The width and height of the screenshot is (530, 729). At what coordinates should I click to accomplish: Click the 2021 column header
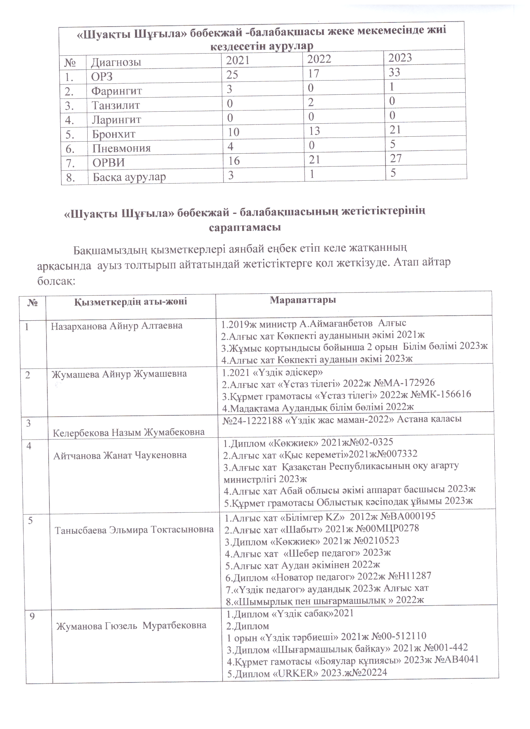pos(238,61)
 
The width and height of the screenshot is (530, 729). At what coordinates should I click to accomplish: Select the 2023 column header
pos(400,57)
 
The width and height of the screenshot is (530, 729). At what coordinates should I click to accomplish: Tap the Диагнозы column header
pos(116,62)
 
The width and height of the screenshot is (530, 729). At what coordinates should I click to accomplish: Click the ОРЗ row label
pos(102,76)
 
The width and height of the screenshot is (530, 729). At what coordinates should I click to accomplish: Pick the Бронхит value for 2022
pos(314,131)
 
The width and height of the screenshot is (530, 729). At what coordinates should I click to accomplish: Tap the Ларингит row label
pos(116,120)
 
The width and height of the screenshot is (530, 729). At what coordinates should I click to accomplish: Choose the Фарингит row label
pos(117,91)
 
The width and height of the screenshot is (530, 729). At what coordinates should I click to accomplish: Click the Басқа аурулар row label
pos(129,177)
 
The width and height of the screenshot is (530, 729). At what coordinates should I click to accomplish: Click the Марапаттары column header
pos(303,300)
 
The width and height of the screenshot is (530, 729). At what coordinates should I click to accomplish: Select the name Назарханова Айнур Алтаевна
pos(117,326)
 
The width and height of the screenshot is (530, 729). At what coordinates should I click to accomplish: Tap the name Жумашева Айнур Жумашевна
pos(119,374)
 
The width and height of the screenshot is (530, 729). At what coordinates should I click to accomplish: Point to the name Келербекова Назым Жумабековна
pos(129,432)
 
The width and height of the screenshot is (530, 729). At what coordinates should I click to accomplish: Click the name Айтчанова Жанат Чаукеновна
pos(120,455)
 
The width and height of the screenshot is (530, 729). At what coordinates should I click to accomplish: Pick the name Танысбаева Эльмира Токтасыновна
pos(135,530)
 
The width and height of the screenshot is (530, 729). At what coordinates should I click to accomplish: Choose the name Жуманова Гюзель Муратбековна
pos(131,625)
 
